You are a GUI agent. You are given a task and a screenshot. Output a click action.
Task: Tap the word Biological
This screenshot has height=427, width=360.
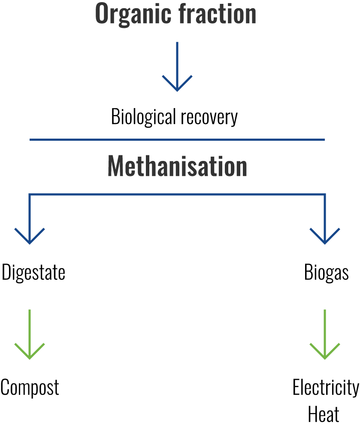[143, 117]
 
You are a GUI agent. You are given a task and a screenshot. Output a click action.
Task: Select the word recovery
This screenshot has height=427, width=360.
[209, 118]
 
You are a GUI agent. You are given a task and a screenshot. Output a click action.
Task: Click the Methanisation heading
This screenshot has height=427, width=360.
[177, 166]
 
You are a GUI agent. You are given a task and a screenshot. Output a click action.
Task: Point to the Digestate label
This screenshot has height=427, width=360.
[33, 273]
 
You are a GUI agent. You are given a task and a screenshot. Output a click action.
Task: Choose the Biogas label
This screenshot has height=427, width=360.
[326, 273]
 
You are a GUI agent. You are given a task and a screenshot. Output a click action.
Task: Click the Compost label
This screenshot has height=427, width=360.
[30, 388]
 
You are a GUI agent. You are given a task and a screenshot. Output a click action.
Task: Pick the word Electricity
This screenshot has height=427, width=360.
[326, 388]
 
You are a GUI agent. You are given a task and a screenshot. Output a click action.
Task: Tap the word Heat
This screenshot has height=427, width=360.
[324, 414]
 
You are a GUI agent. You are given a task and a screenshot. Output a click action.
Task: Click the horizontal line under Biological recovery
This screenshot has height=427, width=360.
[177, 140]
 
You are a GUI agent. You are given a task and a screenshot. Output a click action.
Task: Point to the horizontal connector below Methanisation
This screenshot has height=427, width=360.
[177, 194]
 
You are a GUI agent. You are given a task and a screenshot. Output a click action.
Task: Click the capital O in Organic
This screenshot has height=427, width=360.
[103, 14]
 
